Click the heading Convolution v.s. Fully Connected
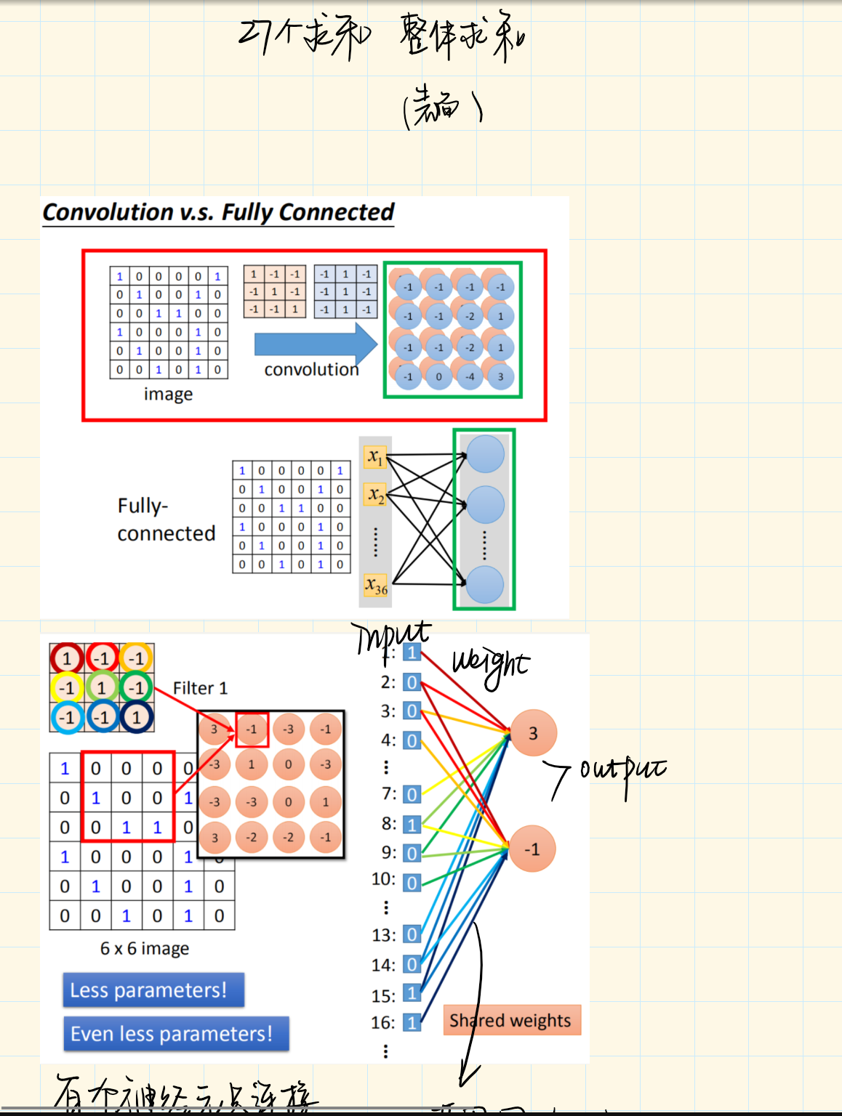point(218,212)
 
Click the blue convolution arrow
point(314,344)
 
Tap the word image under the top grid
point(168,395)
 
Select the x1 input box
point(374,457)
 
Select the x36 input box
point(376,585)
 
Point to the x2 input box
point(375,495)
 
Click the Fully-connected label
point(166,519)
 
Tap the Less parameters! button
point(153,990)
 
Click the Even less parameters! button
point(176,1034)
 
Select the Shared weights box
point(511,1020)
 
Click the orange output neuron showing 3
point(533,733)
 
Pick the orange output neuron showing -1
point(532,849)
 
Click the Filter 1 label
point(200,688)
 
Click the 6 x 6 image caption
point(145,949)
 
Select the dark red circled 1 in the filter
point(67,658)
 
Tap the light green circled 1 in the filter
point(101,687)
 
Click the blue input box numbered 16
point(412,1023)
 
